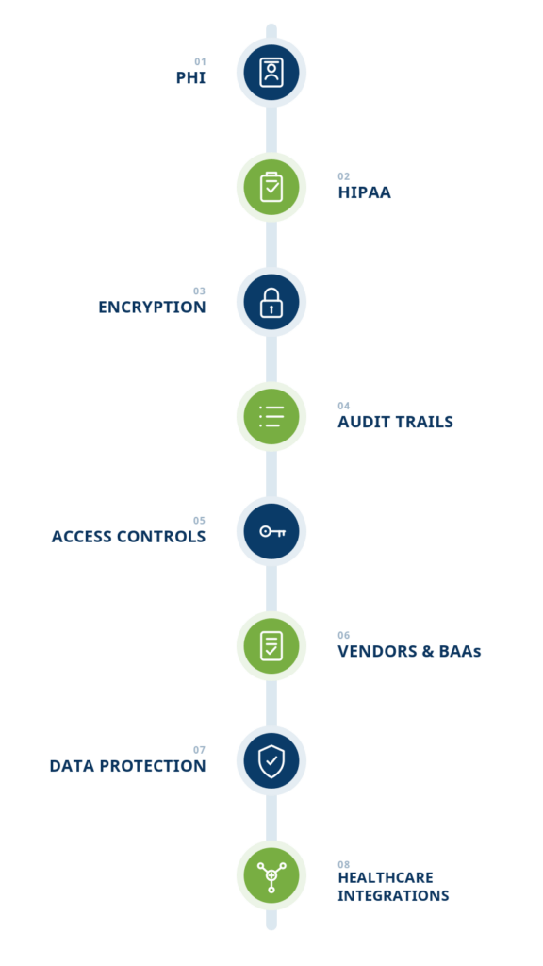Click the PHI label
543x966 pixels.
(x=190, y=77)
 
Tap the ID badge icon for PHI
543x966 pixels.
(x=271, y=72)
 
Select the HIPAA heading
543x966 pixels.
(x=365, y=192)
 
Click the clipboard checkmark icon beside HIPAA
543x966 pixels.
(x=271, y=187)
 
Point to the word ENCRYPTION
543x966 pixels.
(x=152, y=307)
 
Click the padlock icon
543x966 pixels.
(x=271, y=302)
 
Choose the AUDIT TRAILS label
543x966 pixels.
(x=395, y=422)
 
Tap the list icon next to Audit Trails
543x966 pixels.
(x=271, y=416)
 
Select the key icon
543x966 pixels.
(x=272, y=531)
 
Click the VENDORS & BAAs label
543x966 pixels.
(x=409, y=651)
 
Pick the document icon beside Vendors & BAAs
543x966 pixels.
(x=271, y=645)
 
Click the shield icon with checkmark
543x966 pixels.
(x=271, y=761)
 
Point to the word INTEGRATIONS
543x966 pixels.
(x=393, y=895)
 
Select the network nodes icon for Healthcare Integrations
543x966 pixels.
(x=271, y=876)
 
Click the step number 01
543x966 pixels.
(x=200, y=61)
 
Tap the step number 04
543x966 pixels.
(x=343, y=406)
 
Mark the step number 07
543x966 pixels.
(x=200, y=750)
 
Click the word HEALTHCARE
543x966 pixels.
(x=386, y=877)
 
